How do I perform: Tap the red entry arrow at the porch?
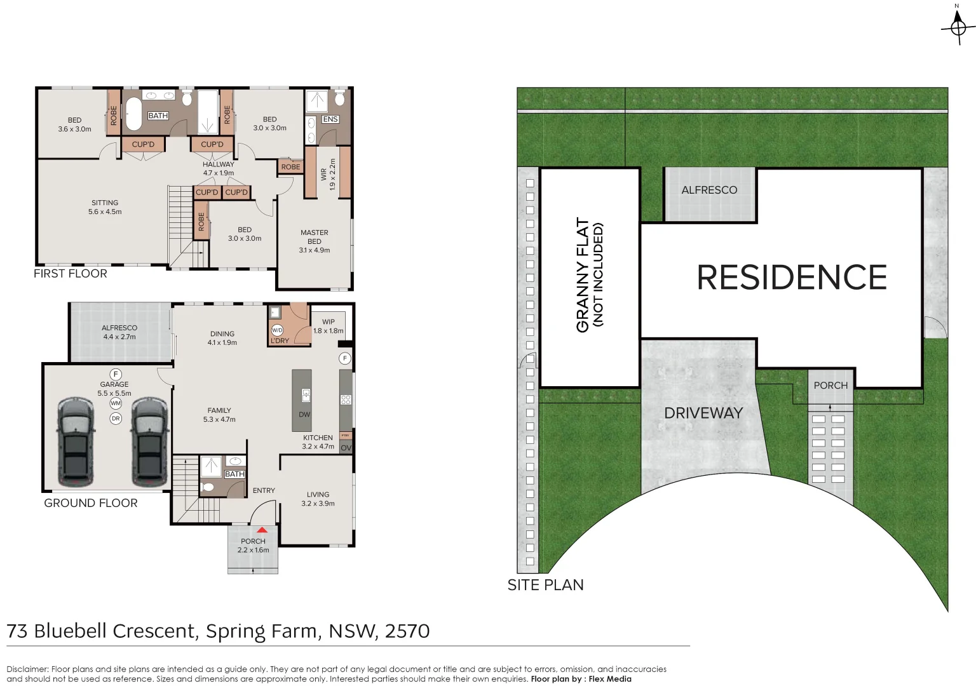262,530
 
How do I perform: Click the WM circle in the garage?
116,403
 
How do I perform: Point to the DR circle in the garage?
116,419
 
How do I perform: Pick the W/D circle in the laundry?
277,330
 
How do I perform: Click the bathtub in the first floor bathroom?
133,114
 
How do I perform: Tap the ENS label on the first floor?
330,119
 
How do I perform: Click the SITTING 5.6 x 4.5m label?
105,207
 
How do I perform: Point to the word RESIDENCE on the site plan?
791,278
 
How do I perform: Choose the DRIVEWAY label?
703,413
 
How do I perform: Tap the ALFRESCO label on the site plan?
709,190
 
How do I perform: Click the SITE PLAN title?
545,585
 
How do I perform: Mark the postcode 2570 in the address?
407,631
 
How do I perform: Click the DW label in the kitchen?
304,415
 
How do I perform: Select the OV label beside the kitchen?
346,448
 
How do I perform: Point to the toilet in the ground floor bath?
207,488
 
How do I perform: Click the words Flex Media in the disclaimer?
610,679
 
